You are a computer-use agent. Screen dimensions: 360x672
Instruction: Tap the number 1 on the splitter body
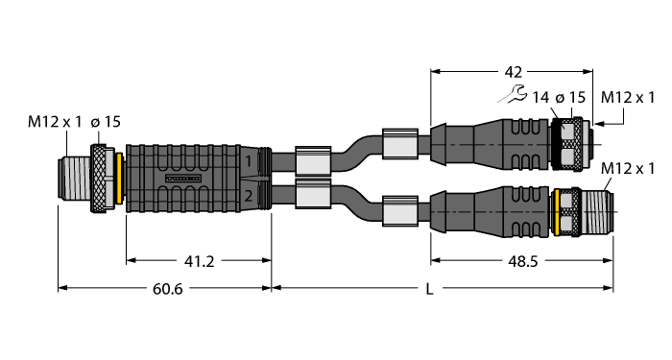tap(248, 158)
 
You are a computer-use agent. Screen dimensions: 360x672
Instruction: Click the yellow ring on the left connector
tap(117, 179)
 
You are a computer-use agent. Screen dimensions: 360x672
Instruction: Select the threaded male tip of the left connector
tap(75, 179)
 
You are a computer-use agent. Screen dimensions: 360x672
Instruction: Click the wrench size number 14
tap(540, 96)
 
